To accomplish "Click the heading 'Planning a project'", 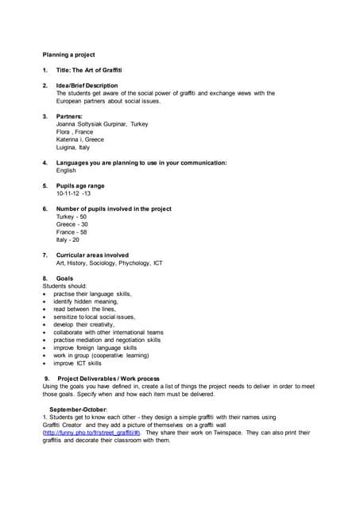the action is pos(68,55).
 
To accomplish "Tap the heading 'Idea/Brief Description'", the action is pos(87,85).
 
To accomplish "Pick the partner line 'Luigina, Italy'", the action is pos(73,147).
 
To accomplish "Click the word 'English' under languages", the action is pos(66,170).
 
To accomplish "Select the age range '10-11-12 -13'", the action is pos(73,193).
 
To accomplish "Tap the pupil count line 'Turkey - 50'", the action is pos(72,216).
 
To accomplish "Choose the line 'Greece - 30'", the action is pos(72,224).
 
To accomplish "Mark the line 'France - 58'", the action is pos(72,231).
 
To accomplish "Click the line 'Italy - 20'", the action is pos(68,239).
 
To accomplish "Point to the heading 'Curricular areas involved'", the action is pos(92,255).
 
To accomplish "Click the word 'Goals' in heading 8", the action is pos(65,278).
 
